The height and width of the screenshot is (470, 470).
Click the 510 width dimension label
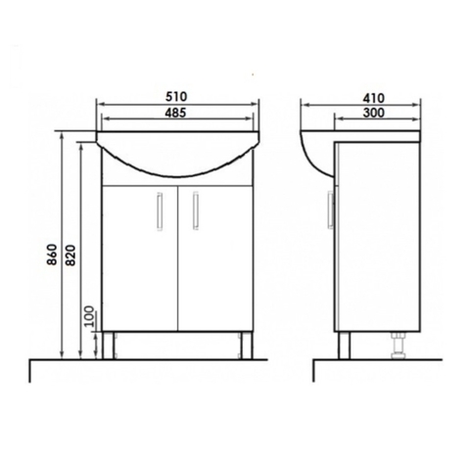pos(176,97)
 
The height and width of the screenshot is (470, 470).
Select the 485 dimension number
pos(175,113)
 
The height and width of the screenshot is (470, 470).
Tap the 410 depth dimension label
pos(374,98)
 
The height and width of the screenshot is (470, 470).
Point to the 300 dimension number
pos(374,113)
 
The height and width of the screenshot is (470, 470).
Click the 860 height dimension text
pos(53,255)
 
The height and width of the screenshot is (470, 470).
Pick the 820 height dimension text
pos(70,255)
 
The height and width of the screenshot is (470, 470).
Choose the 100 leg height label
pos(89,316)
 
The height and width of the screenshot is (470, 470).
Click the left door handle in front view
pos(160,211)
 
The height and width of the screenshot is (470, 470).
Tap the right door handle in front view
pos(196,211)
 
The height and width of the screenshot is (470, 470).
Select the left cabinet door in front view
pos(140,258)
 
